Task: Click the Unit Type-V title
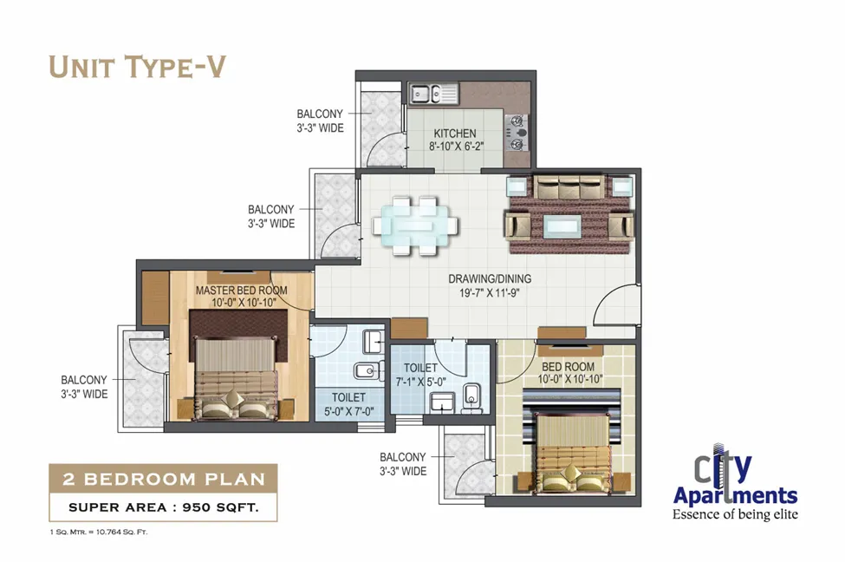click(137, 67)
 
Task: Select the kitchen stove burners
click(517, 132)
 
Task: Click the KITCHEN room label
click(455, 134)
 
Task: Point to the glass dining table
click(415, 225)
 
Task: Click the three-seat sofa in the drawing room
click(569, 186)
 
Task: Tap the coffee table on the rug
click(562, 226)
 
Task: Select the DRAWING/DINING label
click(490, 279)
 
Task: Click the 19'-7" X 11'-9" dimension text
click(490, 293)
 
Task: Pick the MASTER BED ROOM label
click(242, 291)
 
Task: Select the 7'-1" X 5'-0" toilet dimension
click(421, 382)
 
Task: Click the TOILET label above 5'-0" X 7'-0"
click(348, 397)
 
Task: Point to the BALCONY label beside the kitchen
click(320, 114)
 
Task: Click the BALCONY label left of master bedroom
click(83, 380)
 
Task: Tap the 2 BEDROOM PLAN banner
click(163, 479)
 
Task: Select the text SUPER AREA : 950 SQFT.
click(163, 507)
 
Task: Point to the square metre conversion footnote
click(98, 532)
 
